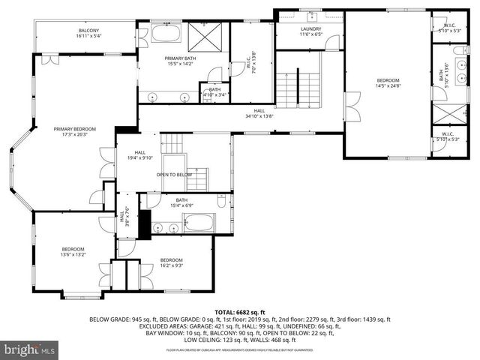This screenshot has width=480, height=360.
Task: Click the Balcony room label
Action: point(88,33)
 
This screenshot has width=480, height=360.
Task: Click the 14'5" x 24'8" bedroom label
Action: point(388,84)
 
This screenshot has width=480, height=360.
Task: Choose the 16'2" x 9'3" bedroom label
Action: point(172,263)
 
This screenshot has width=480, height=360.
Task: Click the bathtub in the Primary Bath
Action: point(164,34)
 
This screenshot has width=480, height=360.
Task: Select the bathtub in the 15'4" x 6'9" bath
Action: point(198,223)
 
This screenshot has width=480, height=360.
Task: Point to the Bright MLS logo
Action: point(30,349)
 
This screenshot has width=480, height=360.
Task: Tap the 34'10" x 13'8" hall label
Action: point(259,114)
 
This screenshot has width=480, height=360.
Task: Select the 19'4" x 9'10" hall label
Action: point(139,155)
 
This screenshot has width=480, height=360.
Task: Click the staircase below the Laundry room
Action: point(298,88)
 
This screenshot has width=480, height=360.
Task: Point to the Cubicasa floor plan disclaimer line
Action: point(239,349)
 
